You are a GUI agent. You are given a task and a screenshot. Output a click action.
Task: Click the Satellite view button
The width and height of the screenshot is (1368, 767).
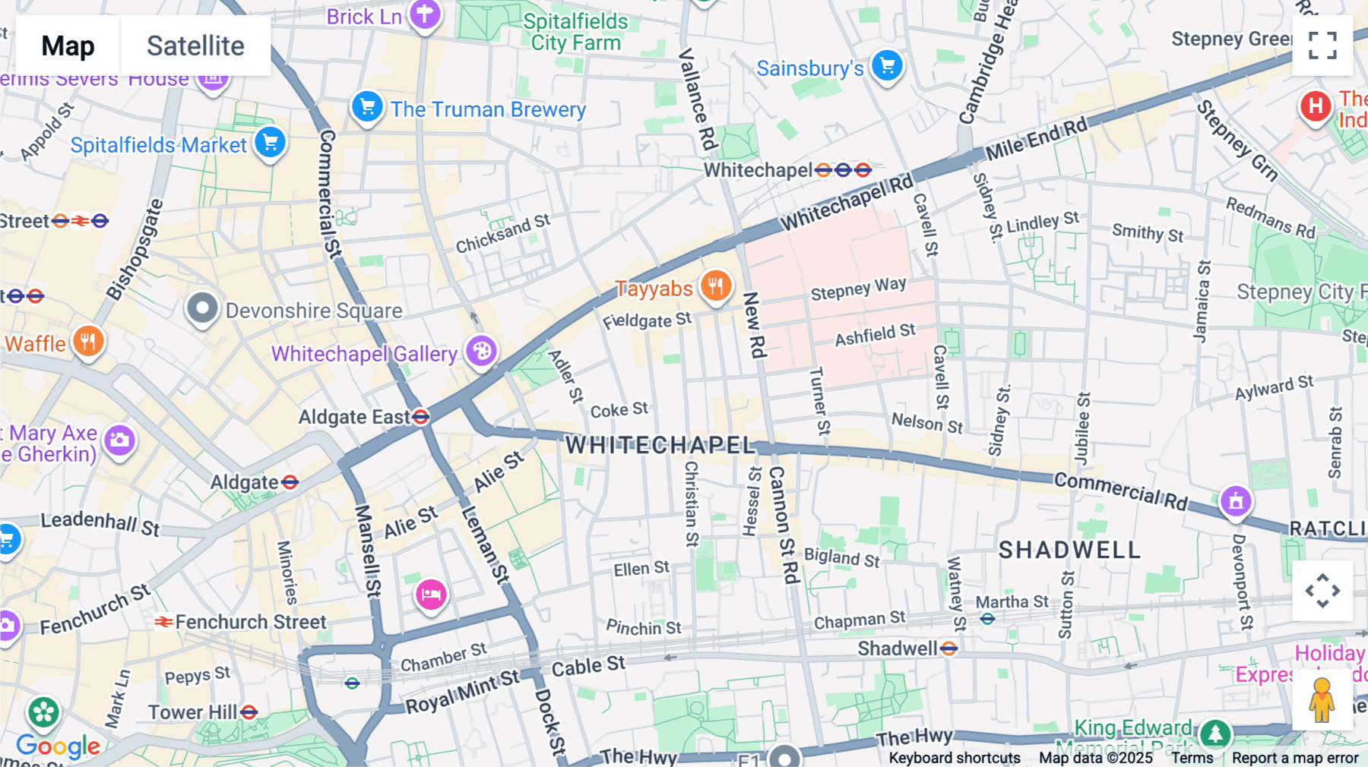click(x=195, y=46)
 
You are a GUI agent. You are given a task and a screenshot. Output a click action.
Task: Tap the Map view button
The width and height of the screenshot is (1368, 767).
click(x=68, y=46)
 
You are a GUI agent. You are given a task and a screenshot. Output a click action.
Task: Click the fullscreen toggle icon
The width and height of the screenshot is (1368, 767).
click(x=1322, y=46)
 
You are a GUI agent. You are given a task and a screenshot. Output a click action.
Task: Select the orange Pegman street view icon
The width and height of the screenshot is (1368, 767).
click(x=1322, y=700)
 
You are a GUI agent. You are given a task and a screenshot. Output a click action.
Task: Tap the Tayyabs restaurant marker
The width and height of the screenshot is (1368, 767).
click(x=715, y=287)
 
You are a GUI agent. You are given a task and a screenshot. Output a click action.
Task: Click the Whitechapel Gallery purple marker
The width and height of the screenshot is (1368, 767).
click(x=482, y=352)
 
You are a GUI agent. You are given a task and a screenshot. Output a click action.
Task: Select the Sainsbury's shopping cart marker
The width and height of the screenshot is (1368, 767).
click(x=887, y=66)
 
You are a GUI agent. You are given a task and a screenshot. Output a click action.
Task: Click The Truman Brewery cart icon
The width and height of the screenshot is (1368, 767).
click(x=367, y=107)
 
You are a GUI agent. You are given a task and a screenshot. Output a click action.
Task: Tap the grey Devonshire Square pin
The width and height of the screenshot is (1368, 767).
click(x=202, y=308)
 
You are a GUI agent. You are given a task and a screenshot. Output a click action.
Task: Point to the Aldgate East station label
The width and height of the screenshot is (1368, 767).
click(x=354, y=417)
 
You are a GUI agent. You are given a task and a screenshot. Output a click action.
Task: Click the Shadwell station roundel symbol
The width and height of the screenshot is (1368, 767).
click(x=948, y=649)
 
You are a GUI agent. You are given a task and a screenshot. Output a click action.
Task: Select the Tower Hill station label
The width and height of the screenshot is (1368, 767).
click(x=193, y=712)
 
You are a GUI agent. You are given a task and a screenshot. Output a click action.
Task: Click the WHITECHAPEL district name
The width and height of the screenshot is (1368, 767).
click(x=660, y=445)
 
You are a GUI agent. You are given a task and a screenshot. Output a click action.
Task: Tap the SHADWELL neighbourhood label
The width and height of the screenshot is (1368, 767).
click(x=1069, y=550)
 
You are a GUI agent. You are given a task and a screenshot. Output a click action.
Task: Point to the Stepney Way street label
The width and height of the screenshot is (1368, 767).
click(x=858, y=289)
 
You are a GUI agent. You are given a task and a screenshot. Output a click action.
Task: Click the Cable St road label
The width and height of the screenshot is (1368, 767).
click(x=588, y=667)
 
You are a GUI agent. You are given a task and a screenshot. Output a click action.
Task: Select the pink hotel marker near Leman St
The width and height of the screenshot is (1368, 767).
click(x=431, y=594)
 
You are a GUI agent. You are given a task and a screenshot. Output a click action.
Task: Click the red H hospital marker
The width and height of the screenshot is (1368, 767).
click(x=1316, y=106)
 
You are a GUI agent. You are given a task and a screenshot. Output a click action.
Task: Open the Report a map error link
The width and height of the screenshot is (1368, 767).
click(x=1295, y=758)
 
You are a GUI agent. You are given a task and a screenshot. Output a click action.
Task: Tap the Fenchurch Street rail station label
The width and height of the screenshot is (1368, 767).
click(x=251, y=622)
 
